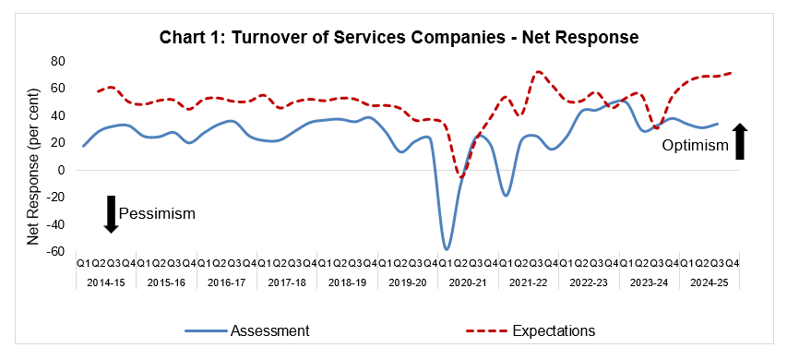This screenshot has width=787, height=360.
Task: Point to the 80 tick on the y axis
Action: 57,61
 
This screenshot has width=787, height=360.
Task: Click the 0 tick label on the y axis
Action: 62,170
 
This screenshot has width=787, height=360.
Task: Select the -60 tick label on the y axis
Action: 54,251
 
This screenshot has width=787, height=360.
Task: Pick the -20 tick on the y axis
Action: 54,197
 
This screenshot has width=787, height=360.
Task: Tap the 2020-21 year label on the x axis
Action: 466,281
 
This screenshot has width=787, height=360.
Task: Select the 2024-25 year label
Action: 707,281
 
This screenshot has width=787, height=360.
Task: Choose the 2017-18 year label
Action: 285,281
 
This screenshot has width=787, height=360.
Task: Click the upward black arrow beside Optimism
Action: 740,141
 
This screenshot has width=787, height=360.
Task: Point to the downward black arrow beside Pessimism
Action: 111,213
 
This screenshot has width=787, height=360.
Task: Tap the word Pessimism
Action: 158,214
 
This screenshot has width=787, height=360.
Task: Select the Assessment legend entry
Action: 246,330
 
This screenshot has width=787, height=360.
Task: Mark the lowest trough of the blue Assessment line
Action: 447,248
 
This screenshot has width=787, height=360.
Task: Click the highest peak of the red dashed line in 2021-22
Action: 538,72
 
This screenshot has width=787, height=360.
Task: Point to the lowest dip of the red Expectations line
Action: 460,177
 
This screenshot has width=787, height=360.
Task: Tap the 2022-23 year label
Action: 587,281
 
